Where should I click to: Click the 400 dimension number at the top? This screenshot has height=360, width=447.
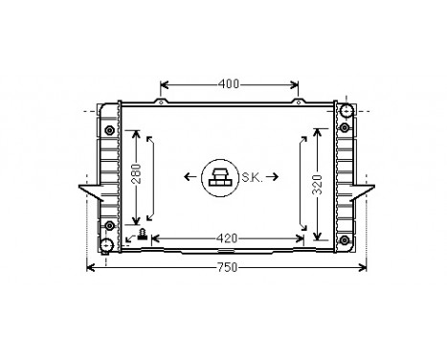click(x=229, y=83)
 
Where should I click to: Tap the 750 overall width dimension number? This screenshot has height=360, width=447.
click(x=224, y=267)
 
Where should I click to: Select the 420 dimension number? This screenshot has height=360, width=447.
click(x=227, y=238)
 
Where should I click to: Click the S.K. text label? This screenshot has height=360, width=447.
click(x=254, y=177)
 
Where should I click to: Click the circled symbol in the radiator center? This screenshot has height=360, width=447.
click(x=219, y=178)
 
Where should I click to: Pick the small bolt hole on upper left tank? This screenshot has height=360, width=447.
click(x=110, y=129)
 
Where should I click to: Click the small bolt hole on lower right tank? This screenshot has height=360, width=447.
click(x=346, y=226)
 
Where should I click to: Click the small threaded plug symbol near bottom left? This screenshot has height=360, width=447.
click(x=143, y=236)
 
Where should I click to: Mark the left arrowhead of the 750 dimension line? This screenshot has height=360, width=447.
click(x=92, y=267)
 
